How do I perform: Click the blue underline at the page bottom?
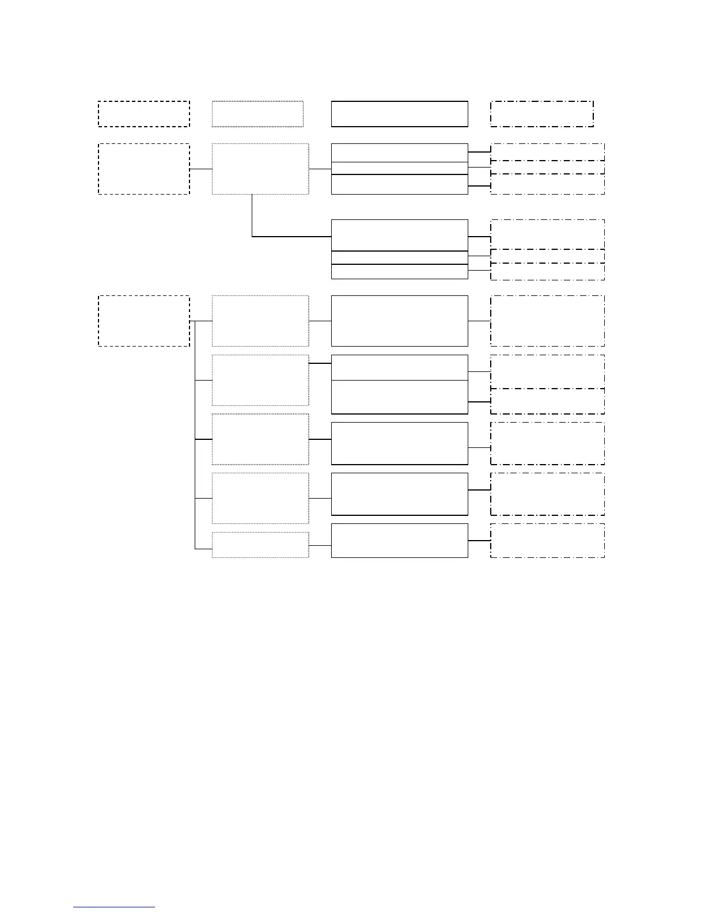(114, 907)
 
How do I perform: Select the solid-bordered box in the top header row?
(399, 114)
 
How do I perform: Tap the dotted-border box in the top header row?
(257, 114)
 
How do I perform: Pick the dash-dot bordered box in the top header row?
(541, 114)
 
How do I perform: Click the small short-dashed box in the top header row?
(143, 114)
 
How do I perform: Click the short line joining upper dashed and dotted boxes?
(201, 169)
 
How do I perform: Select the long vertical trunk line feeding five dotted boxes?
(195, 435)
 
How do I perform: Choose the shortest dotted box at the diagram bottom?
(260, 545)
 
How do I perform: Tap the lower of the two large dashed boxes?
(143, 321)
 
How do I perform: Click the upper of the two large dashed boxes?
(143, 169)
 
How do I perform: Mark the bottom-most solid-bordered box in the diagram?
(399, 540)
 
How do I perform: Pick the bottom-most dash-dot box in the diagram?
(547, 540)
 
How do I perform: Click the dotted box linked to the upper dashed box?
(260, 169)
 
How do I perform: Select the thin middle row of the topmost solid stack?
(399, 168)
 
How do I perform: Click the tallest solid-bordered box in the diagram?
(399, 321)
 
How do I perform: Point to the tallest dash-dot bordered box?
(547, 321)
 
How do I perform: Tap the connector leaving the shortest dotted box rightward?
(320, 545)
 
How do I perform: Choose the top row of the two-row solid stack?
(399, 367)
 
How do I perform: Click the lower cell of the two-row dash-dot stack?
(547, 401)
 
